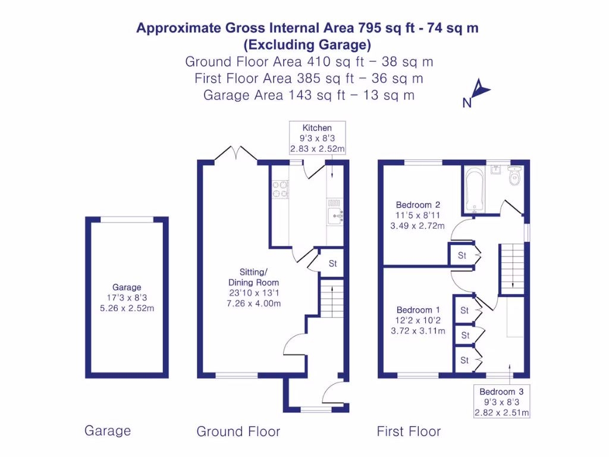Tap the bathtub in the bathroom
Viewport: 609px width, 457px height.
tap(473, 190)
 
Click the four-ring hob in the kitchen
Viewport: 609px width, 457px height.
tap(280, 189)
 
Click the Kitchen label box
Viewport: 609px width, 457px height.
tap(317, 139)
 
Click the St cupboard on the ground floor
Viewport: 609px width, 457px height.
tap(332, 263)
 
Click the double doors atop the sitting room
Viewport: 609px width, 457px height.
tap(236, 154)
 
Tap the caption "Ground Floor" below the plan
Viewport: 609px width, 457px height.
tap(238, 431)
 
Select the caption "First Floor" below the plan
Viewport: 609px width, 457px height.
tap(409, 431)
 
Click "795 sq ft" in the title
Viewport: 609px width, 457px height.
tap(385, 28)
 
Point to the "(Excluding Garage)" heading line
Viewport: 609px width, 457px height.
tap(307, 45)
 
